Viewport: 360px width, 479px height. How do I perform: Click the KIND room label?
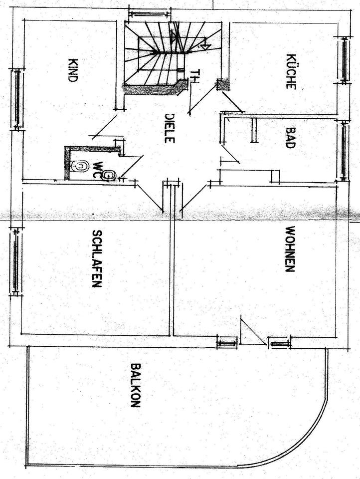73,70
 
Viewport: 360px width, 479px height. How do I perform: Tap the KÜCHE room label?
291,71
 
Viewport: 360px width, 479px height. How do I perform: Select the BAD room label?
290,138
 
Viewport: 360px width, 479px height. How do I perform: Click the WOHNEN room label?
289,249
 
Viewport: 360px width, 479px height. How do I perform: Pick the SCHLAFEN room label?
97,258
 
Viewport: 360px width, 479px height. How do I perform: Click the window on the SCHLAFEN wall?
15,260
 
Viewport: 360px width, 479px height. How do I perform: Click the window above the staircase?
149,11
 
